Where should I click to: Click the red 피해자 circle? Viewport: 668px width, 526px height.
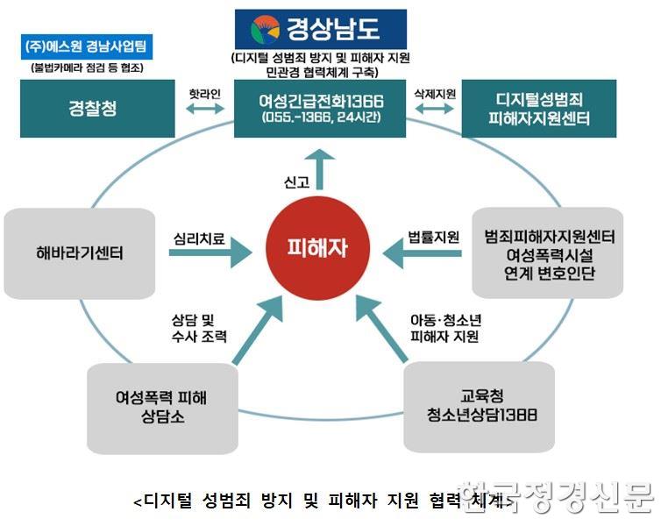click(x=318, y=248)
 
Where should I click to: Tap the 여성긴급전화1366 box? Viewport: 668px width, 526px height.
click(x=321, y=109)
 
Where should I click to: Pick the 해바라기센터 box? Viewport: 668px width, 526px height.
click(x=81, y=254)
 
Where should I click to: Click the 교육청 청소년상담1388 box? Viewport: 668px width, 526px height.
click(x=479, y=405)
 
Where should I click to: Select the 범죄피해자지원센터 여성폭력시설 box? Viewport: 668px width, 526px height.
click(x=548, y=254)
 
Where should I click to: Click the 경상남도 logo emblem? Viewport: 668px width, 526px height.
click(x=261, y=29)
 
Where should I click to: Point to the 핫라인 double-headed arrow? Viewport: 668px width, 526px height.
click(x=206, y=109)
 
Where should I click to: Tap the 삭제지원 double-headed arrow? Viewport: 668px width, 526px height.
click(x=434, y=109)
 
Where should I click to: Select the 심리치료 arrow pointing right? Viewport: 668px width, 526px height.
click(x=210, y=254)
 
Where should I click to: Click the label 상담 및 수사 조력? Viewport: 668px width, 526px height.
click(x=200, y=327)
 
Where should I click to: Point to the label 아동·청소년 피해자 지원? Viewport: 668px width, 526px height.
click(x=444, y=327)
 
